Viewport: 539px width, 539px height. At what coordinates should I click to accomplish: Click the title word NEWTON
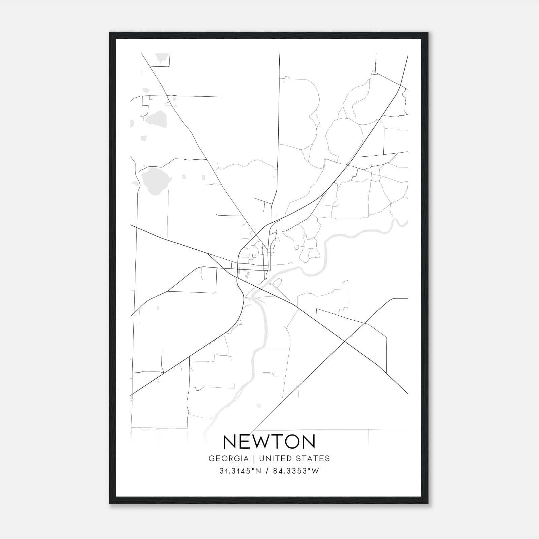269,442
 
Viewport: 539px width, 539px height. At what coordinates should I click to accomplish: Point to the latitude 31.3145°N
240,471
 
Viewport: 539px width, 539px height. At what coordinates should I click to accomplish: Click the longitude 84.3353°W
295,471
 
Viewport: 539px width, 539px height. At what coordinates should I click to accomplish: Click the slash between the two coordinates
267,471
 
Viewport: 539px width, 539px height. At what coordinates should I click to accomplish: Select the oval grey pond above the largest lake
156,119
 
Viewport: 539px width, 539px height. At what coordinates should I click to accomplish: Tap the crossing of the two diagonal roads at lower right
345,342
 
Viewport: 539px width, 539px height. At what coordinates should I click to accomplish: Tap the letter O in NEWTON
292,442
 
